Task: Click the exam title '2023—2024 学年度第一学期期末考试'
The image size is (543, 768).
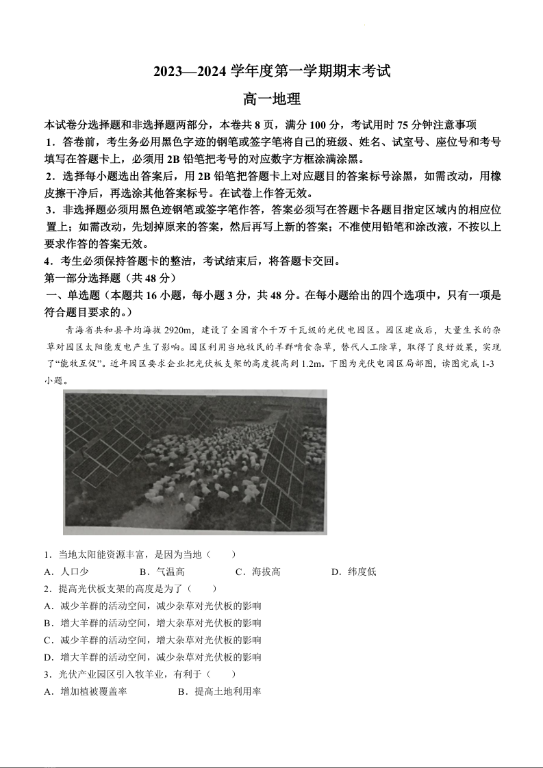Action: pos(271,71)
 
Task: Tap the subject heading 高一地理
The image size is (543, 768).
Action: pos(272,99)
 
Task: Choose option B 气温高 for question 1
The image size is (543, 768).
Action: pos(162,572)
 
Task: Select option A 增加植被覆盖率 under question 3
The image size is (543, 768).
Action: pos(86,692)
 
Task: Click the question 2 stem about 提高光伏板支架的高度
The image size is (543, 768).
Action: pos(130,589)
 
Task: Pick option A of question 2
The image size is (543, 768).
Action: pos(152,606)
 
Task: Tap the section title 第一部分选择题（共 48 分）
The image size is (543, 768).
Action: pos(111,278)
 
